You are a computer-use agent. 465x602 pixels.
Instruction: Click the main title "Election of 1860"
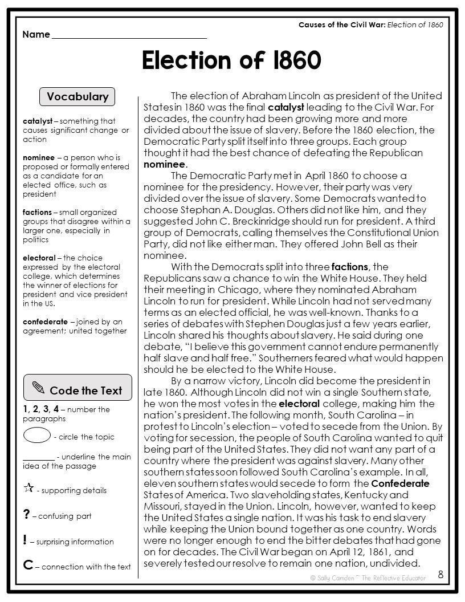pyautogui.click(x=231, y=60)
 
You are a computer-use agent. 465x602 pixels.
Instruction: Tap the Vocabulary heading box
pyautogui.click(x=77, y=97)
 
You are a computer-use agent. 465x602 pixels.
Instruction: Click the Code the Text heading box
pyautogui.click(x=77, y=390)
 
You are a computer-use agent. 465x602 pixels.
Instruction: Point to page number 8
pyautogui.click(x=440, y=575)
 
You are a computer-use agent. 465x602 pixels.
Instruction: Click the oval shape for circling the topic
pyautogui.click(x=37, y=436)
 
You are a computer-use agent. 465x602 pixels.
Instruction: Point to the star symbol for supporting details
pyautogui.click(x=28, y=488)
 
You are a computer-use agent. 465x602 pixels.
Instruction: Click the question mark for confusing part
pyautogui.click(x=26, y=515)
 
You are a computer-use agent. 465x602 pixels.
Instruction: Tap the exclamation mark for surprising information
pyautogui.click(x=25, y=540)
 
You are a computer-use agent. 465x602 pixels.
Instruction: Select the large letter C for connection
pyautogui.click(x=28, y=566)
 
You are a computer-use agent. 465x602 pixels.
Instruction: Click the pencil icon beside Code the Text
pyautogui.click(x=39, y=389)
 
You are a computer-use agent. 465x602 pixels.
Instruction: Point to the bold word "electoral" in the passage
pyautogui.click(x=299, y=404)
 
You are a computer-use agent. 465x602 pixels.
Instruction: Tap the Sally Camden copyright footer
pyautogui.click(x=368, y=577)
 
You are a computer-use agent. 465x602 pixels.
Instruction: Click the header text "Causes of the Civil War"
pyautogui.click(x=342, y=25)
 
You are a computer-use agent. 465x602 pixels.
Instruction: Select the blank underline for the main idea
pyautogui.click(x=39, y=459)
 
